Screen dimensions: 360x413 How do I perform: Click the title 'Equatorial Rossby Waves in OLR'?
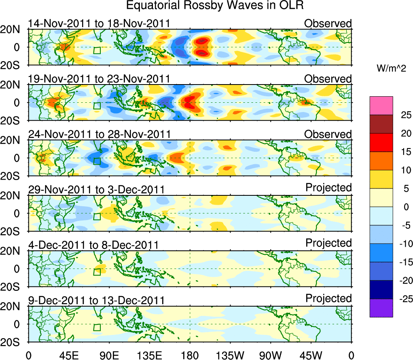[214, 6]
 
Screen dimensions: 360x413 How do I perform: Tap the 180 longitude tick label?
[190, 355]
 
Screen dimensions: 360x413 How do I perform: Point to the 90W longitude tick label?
[271, 355]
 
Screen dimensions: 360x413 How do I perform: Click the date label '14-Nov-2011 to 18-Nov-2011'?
[99, 23]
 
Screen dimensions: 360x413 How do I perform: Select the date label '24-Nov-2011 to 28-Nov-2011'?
[99, 134]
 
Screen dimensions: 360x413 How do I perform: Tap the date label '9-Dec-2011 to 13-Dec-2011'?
[96, 301]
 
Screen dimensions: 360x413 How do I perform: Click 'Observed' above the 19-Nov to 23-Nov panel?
[328, 79]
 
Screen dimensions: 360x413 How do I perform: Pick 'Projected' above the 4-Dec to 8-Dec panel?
[328, 243]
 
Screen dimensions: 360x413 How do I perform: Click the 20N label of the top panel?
[14, 29]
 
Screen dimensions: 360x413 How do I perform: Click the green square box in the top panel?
[97, 50]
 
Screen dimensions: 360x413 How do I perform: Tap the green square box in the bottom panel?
[97, 328]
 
